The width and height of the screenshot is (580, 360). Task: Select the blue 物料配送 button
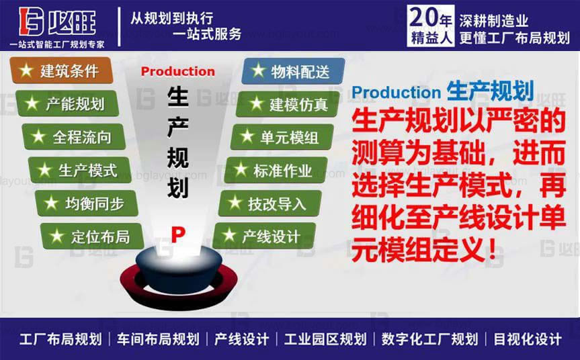coord(293,71)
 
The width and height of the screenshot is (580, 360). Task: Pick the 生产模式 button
coord(78,170)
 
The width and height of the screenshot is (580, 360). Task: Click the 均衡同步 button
coord(83,203)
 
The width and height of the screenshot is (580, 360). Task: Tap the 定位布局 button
coord(91,236)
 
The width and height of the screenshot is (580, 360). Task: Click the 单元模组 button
coord(282,137)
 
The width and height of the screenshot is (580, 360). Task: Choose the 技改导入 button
coord(269,203)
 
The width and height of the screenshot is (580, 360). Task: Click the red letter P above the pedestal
coord(177,234)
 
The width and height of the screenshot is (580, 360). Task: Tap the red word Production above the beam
coord(178,72)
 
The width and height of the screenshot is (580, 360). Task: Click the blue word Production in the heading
coord(395,93)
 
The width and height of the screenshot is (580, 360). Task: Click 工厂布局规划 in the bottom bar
coord(60,339)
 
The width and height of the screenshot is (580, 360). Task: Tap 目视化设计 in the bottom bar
coord(527,339)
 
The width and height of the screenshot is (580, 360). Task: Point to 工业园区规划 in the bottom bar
coord(325,339)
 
